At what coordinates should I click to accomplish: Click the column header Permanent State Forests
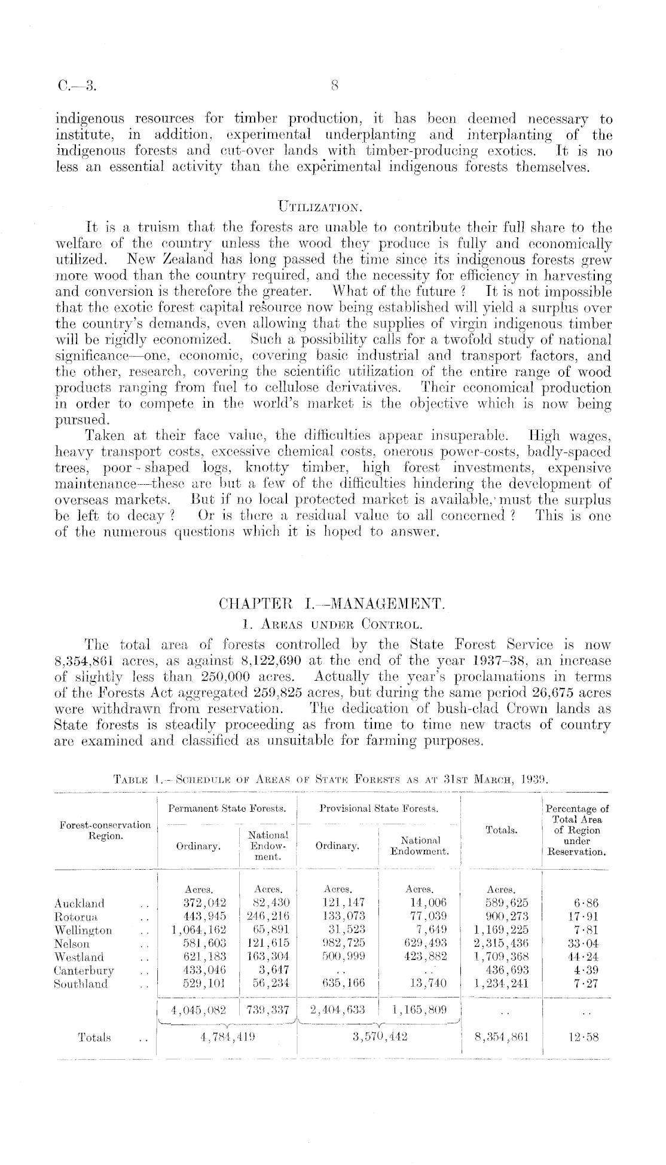[x=227, y=809]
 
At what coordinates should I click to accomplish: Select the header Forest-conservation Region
[x=105, y=830]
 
